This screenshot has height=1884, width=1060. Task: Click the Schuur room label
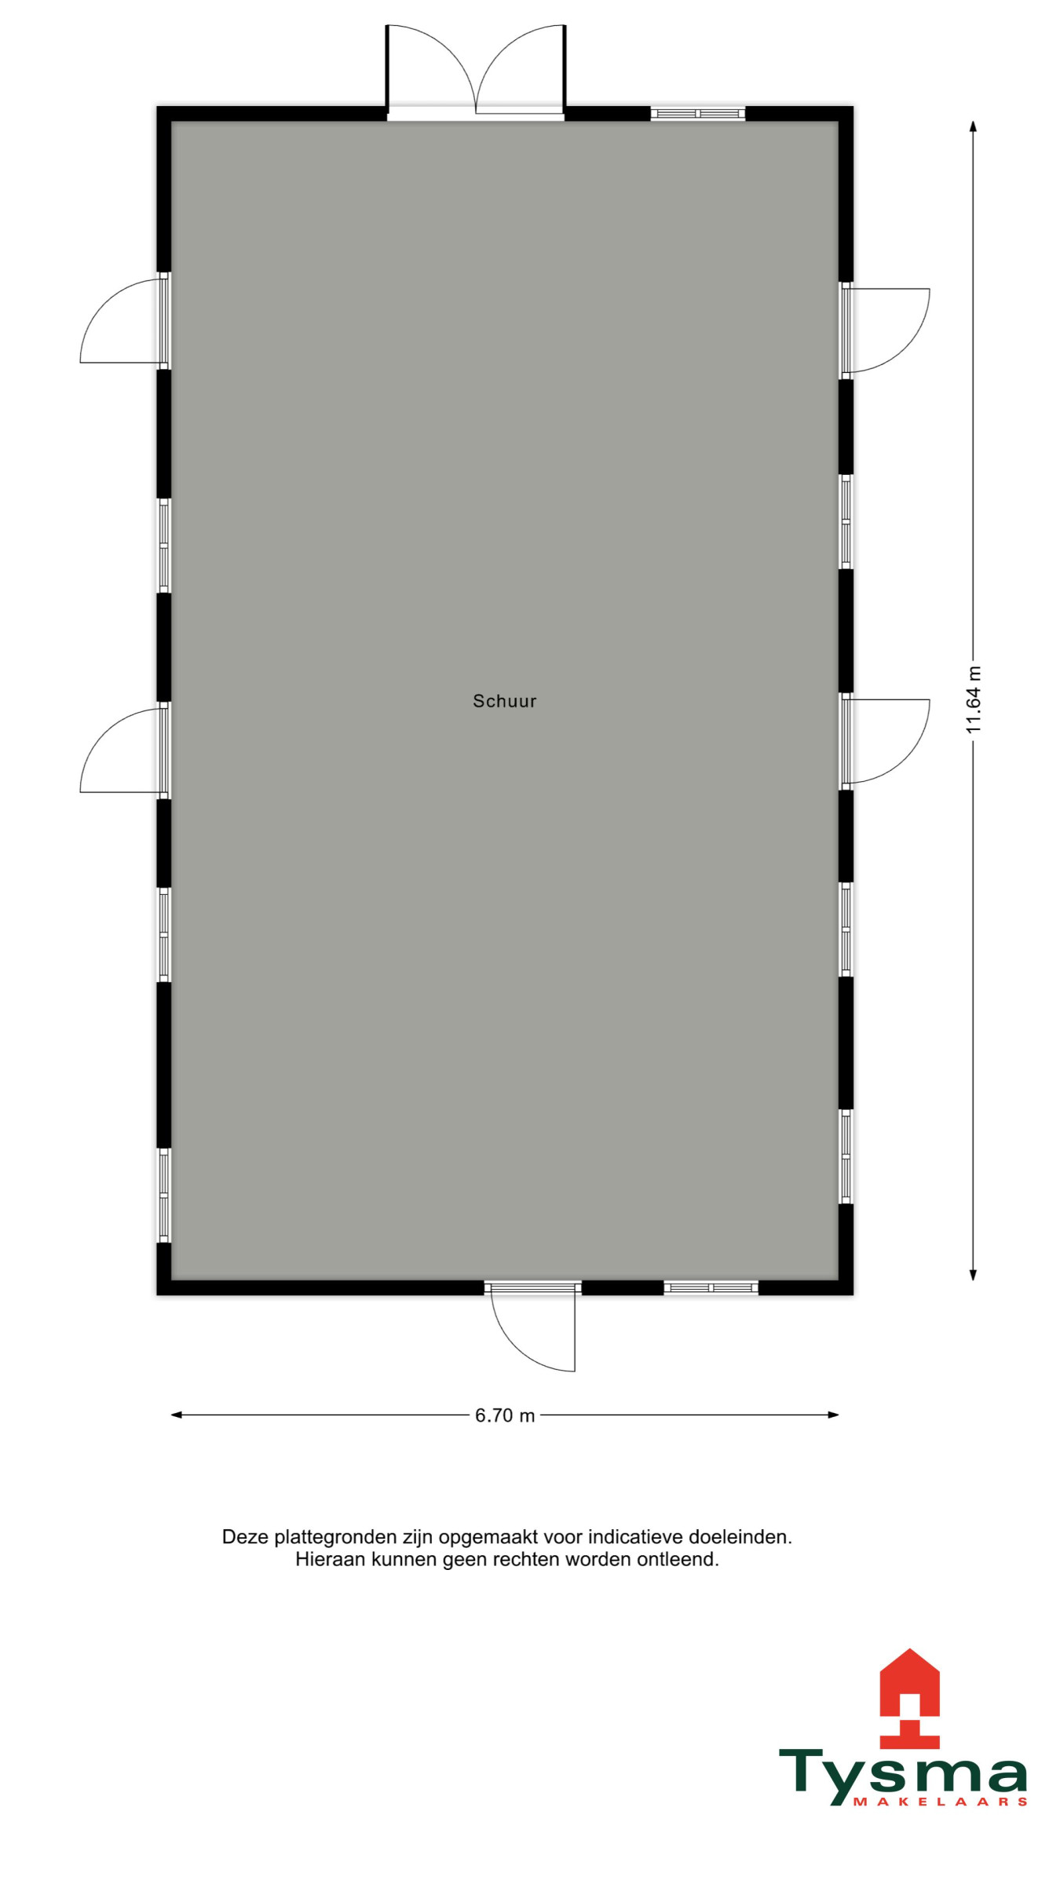pyautogui.click(x=504, y=701)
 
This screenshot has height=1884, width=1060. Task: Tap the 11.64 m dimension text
pyautogui.click(x=974, y=700)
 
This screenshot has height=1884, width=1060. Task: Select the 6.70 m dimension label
pyautogui.click(x=505, y=1415)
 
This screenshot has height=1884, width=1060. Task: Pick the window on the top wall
pyautogui.click(x=698, y=114)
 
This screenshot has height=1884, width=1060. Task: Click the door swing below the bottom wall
pyautogui.click(x=533, y=1329)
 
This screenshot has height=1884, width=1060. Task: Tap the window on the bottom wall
pyautogui.click(x=711, y=1288)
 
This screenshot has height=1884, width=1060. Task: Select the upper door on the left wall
pyautogui.click(x=124, y=321)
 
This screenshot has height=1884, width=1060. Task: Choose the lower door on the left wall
pyautogui.click(x=124, y=750)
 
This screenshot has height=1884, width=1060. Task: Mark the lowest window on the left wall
pyautogui.click(x=164, y=1196)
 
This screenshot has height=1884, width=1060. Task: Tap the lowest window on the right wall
pyautogui.click(x=846, y=1156)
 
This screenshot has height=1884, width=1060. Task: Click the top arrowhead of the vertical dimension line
pyautogui.click(x=973, y=126)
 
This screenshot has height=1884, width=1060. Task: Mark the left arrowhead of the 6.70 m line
pyautogui.click(x=176, y=1415)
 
